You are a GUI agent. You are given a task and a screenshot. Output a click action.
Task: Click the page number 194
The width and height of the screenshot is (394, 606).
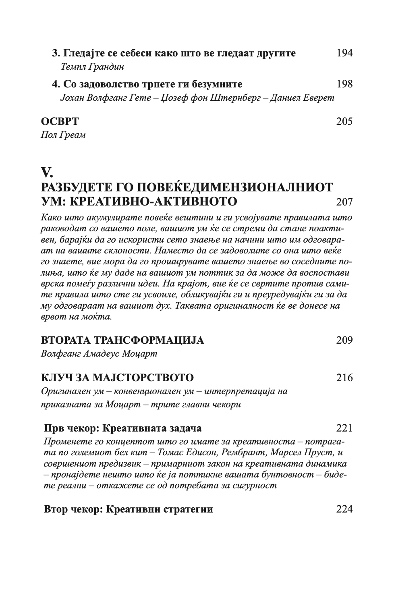[x=344, y=53]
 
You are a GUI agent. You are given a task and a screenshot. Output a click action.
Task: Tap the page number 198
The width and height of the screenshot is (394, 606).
[x=344, y=84]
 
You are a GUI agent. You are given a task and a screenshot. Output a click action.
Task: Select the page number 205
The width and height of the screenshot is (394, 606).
[x=344, y=121]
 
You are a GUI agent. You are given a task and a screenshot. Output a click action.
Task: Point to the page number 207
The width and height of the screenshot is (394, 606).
[x=344, y=201]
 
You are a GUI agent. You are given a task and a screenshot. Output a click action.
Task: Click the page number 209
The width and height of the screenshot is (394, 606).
[x=344, y=340]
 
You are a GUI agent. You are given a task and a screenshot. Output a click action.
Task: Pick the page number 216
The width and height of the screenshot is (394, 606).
[x=344, y=378]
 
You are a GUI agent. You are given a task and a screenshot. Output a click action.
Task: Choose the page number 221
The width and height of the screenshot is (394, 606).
[x=344, y=428]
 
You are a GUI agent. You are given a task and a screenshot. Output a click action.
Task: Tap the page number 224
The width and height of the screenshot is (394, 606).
[x=344, y=509]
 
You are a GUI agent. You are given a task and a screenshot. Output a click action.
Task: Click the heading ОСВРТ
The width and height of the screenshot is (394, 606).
[x=60, y=121]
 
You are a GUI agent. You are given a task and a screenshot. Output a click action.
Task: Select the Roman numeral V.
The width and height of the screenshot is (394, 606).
[x=47, y=173]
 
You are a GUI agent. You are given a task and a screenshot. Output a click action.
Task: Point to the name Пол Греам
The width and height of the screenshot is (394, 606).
[x=63, y=135]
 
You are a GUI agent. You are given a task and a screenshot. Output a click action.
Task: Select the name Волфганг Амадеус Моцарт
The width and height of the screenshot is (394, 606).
[x=99, y=354]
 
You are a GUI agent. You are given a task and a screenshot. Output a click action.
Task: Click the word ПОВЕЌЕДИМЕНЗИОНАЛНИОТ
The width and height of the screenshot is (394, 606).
[x=234, y=188]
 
